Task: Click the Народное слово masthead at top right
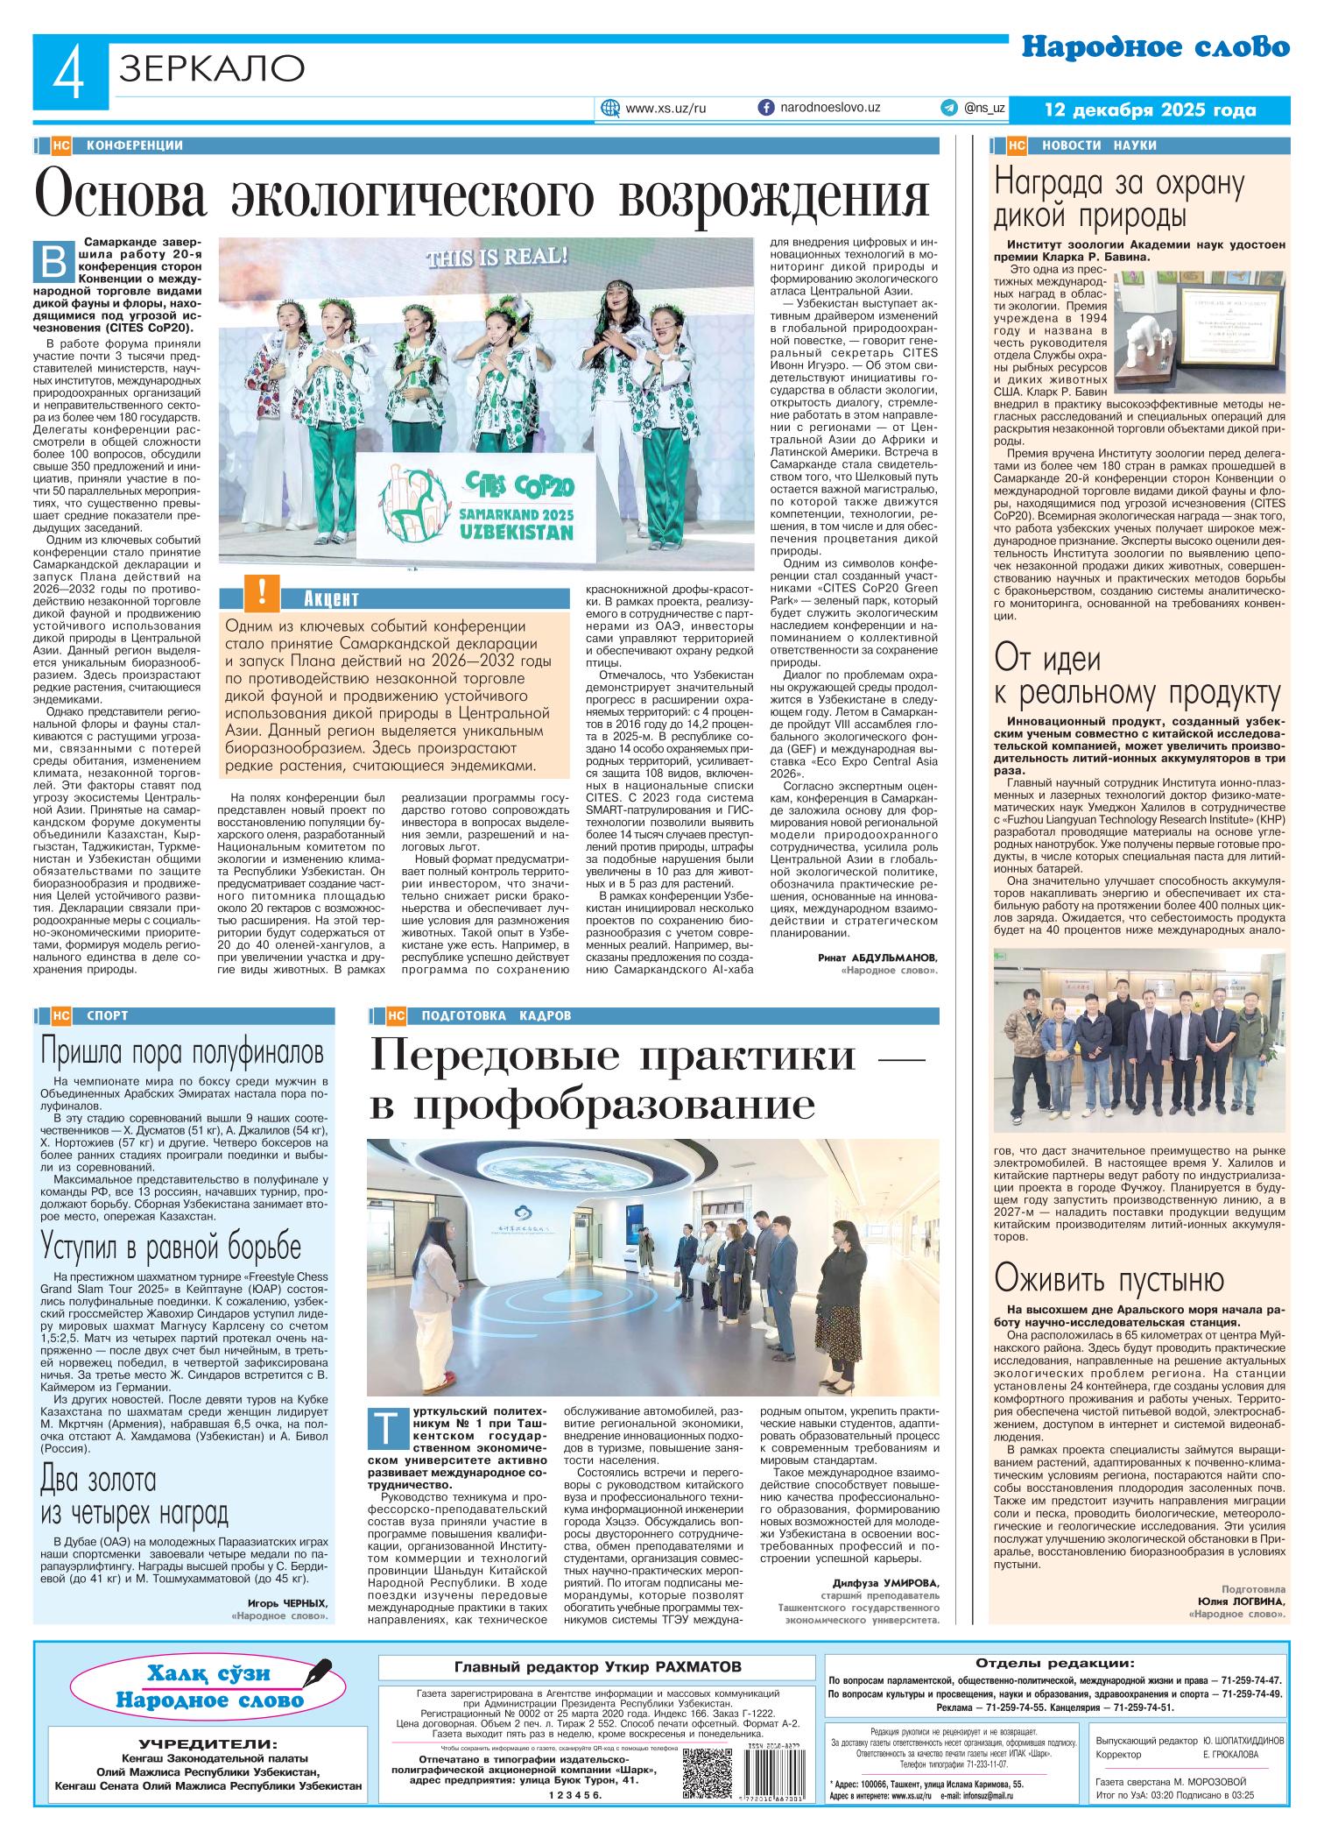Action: [1155, 47]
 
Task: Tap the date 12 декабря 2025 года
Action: [1151, 110]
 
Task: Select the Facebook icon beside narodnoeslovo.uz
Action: [766, 108]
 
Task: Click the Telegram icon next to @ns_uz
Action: [948, 108]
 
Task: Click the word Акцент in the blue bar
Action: [332, 599]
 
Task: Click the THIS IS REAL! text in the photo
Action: [496, 258]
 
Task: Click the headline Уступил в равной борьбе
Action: [171, 1247]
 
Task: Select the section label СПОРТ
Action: [108, 1016]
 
